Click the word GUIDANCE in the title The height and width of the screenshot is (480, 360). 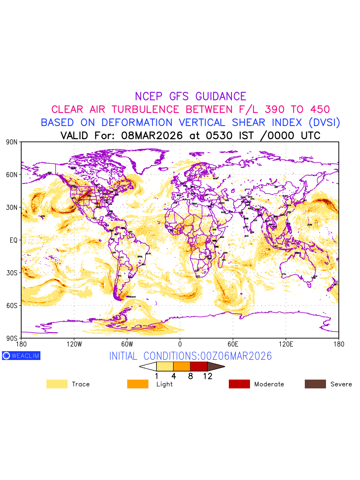point(221,96)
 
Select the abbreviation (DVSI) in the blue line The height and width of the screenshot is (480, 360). point(323,122)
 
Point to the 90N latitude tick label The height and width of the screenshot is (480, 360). point(12,142)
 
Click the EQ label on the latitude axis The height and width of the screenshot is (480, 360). point(14,240)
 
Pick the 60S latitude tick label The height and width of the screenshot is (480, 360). point(12,306)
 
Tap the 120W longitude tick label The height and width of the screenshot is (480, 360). point(74,344)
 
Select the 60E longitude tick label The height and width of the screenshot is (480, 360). point(233,344)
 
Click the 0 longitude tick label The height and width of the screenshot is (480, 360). point(180,344)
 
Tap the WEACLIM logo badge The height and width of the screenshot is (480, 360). point(21,356)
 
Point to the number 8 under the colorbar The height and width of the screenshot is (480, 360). point(190,376)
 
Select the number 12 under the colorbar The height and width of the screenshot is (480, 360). point(208,376)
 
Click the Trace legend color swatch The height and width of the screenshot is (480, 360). point(57,384)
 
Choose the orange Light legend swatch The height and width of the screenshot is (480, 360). point(138,384)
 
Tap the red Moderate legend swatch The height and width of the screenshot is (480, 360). point(239,384)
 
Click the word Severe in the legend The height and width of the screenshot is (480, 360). point(341,384)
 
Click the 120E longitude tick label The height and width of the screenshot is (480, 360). point(286,344)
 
